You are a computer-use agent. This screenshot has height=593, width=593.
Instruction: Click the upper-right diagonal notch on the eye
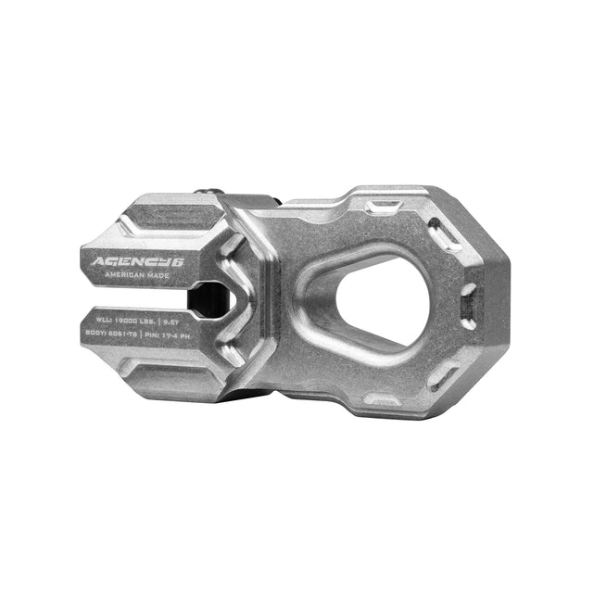[x=446, y=239]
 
